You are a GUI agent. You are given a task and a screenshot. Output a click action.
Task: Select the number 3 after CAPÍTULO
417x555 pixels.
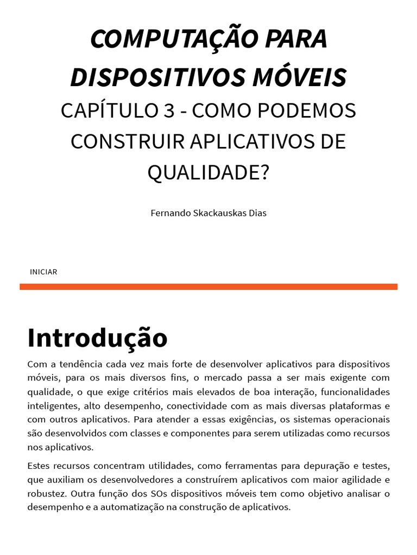point(168,111)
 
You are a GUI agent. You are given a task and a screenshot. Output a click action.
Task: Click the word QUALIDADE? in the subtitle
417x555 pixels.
point(208,173)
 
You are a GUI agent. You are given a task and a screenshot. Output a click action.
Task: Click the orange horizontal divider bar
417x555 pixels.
point(208,287)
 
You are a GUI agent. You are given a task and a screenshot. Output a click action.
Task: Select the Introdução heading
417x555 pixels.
point(98,337)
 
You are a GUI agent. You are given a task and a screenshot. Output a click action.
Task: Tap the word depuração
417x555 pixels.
point(316,466)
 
